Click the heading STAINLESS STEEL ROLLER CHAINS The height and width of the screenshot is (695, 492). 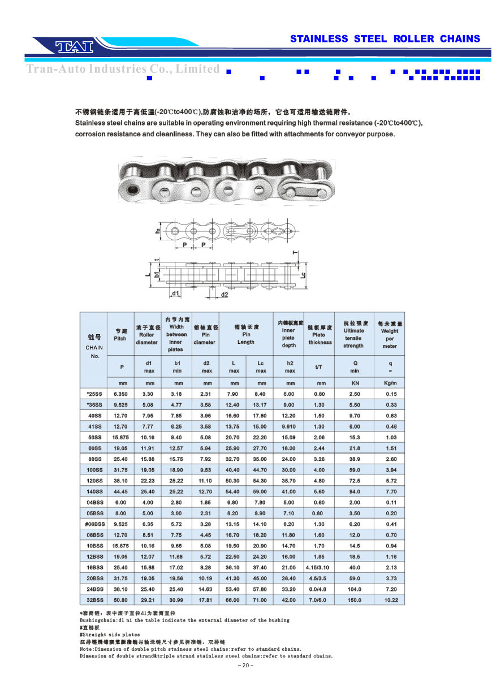[x=385, y=39]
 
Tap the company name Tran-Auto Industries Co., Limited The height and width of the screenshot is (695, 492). [x=123, y=69]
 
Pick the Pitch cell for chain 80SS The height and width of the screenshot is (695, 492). [x=120, y=459]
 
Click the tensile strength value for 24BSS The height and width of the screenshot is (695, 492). [x=354, y=589]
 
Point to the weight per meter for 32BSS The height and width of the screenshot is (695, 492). [x=389, y=600]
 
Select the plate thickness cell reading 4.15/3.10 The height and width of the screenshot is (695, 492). [x=319, y=567]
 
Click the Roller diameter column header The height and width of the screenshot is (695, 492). [x=146, y=335]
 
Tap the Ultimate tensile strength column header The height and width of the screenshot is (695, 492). [x=354, y=334]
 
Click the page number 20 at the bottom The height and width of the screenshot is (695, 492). [x=246, y=666]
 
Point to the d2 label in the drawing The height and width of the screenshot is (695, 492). [x=225, y=294]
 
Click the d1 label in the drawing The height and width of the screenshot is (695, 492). [x=176, y=293]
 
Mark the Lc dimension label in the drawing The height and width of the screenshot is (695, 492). [x=303, y=275]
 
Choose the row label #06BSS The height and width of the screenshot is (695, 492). [x=94, y=524]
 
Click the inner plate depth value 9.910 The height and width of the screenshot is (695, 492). [x=288, y=426]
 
